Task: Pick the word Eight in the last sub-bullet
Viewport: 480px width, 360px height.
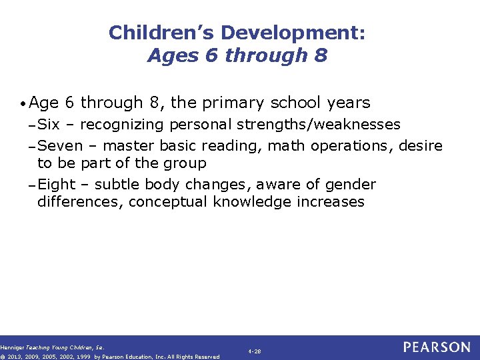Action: (x=57, y=184)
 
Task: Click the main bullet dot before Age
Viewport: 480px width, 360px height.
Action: (x=24, y=104)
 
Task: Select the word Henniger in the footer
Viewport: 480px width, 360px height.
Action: (x=11, y=347)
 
